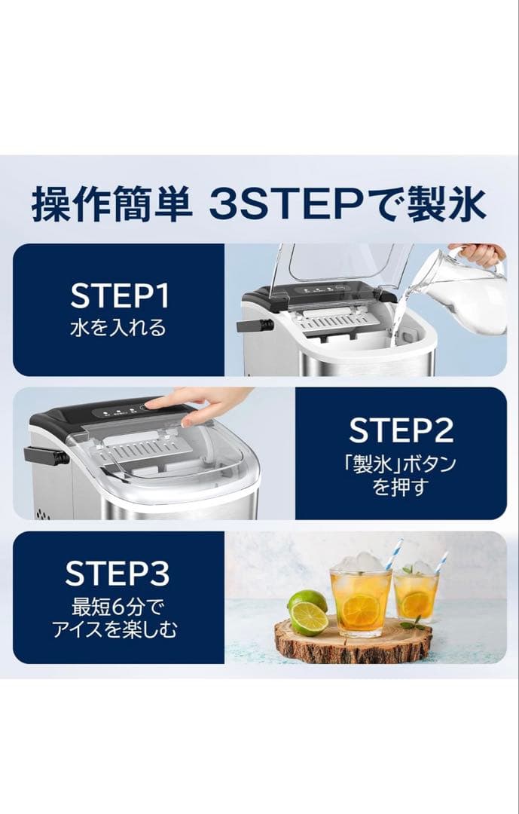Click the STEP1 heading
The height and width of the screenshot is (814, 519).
click(x=119, y=296)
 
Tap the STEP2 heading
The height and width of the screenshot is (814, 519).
click(x=401, y=430)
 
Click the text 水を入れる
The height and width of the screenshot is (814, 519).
click(x=119, y=329)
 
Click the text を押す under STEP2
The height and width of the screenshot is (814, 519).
click(x=401, y=487)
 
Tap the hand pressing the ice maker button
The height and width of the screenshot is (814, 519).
click(x=199, y=404)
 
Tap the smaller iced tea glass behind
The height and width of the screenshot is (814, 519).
click(x=416, y=595)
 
